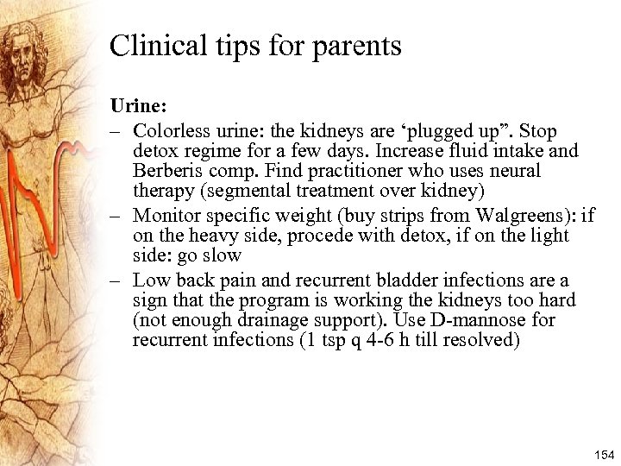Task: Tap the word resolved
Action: coord(483,340)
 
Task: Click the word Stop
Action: coord(538,131)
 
